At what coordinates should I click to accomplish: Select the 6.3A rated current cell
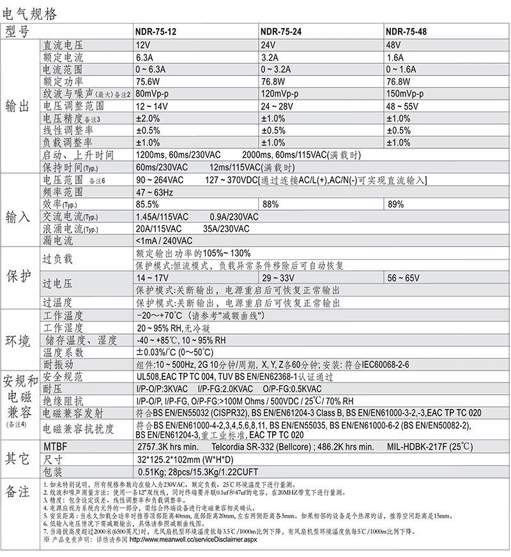click(x=145, y=57)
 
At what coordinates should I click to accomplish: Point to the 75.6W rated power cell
click(x=149, y=82)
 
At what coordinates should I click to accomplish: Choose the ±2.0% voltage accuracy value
click(x=148, y=118)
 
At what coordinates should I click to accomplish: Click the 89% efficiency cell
click(x=395, y=204)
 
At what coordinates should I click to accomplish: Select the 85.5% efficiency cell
click(x=148, y=204)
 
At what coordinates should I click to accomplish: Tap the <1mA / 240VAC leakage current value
click(x=164, y=241)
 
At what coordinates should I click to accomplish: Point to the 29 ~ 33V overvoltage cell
click(x=280, y=278)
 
